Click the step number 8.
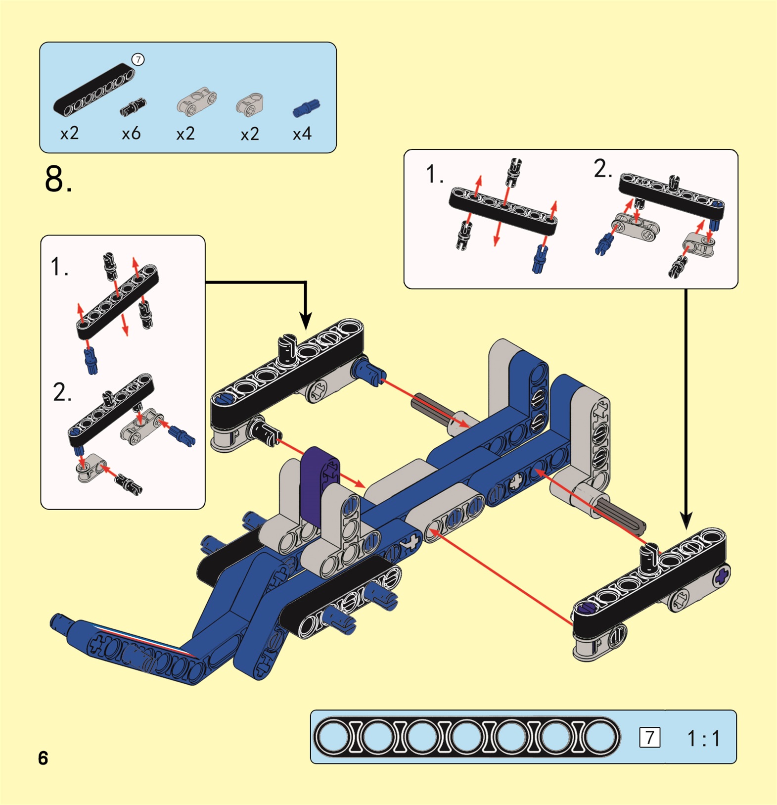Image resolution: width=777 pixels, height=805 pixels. pyautogui.click(x=58, y=179)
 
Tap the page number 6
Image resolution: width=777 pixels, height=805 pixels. pyautogui.click(x=43, y=758)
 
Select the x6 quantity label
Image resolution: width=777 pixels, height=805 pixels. pyautogui.click(x=131, y=134)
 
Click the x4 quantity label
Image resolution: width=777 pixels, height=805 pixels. pyautogui.click(x=302, y=134)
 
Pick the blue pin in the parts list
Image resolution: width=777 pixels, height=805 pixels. pyautogui.click(x=306, y=108)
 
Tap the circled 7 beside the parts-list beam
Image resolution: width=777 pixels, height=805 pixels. pyautogui.click(x=138, y=60)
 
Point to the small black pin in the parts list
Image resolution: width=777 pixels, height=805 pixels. pyautogui.click(x=133, y=106)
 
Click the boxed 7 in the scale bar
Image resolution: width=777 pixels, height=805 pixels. pyautogui.click(x=649, y=738)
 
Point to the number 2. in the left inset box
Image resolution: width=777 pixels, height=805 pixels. pyautogui.click(x=62, y=392)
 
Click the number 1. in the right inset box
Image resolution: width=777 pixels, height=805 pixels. pyautogui.click(x=435, y=175)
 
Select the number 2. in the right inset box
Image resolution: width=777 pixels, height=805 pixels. pyautogui.click(x=603, y=169)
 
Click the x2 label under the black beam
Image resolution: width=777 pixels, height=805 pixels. pyautogui.click(x=69, y=134)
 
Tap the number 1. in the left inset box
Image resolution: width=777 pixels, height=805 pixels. pyautogui.click(x=60, y=267)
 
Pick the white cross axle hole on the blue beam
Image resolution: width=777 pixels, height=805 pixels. pyautogui.click(x=517, y=480)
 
